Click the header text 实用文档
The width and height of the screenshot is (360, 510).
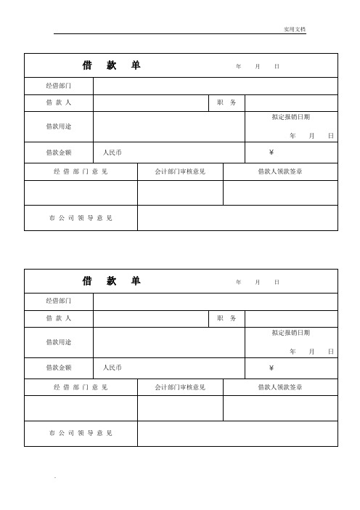tap(295, 29)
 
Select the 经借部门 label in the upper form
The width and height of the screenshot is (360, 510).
tap(59, 86)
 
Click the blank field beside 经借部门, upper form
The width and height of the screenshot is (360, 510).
tap(216, 86)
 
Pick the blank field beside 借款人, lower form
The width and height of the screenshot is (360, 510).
tap(150, 319)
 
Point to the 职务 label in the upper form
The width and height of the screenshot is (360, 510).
tap(226, 103)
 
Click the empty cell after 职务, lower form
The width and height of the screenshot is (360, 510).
tap(291, 319)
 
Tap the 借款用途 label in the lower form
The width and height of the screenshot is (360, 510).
tap(59, 341)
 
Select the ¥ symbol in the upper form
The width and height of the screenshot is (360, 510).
tap(271, 153)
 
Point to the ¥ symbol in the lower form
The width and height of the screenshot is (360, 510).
tap(271, 368)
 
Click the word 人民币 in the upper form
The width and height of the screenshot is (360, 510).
tap(112, 153)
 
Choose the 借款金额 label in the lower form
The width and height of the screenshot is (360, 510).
tap(59, 368)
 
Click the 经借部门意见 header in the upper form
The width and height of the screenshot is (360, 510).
tap(81, 172)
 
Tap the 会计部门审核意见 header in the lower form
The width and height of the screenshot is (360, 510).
tap(180, 387)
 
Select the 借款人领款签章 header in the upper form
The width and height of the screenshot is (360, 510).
tap(280, 172)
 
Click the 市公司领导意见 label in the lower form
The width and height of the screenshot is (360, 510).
tap(81, 434)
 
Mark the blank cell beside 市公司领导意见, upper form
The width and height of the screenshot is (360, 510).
tap(237, 218)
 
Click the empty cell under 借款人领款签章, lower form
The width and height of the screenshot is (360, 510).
tap(280, 408)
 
